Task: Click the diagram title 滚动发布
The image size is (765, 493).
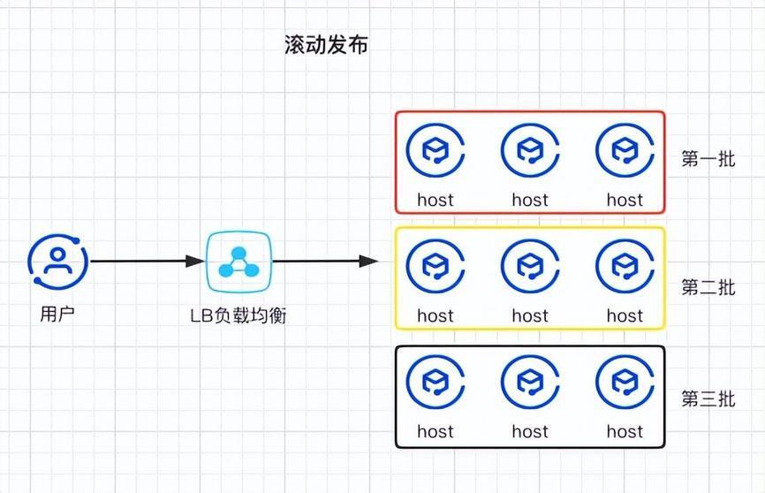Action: pos(326,45)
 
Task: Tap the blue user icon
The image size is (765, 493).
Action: pos(57,262)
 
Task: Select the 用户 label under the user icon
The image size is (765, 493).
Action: pos(57,314)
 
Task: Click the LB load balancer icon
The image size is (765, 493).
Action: pos(239,262)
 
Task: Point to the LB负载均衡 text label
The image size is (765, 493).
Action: pos(239,315)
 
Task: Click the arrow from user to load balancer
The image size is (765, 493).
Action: pos(148,262)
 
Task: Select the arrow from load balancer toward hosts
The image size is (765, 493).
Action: pos(325,262)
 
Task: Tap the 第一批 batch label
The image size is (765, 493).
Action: pos(708,159)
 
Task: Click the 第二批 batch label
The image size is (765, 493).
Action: pos(708,287)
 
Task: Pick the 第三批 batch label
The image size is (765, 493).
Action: pos(708,399)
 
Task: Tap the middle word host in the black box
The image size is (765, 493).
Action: pos(530,431)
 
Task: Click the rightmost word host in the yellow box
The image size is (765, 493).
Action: pos(625,315)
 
